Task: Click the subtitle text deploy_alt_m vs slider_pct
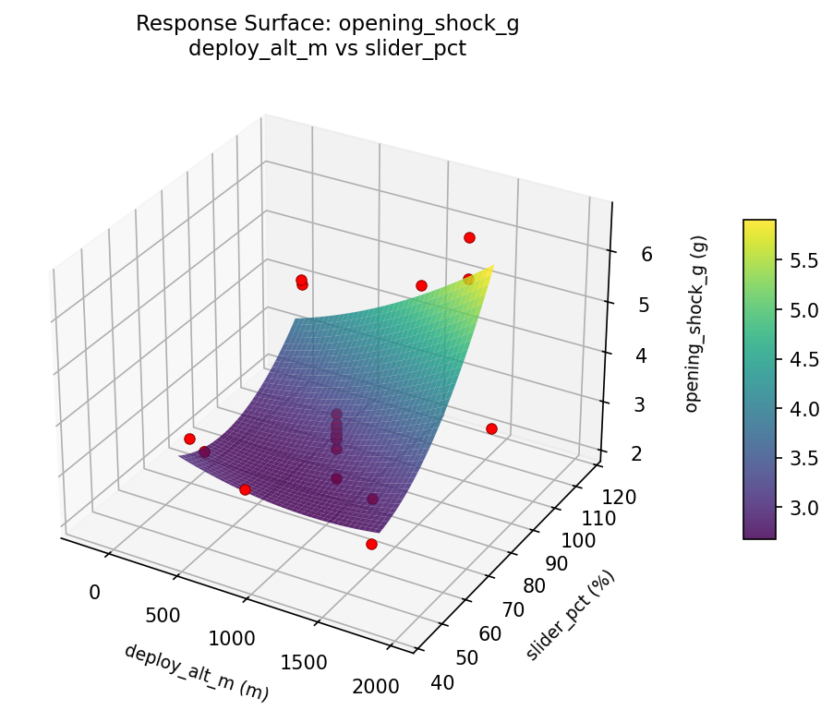[327, 49]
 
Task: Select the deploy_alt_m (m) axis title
[196, 671]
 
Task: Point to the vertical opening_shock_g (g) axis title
[697, 322]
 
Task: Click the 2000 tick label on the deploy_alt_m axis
[375, 685]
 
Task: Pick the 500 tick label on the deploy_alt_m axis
[163, 616]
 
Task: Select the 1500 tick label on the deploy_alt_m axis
[303, 662]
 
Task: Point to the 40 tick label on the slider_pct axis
[442, 682]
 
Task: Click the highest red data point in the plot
[469, 237]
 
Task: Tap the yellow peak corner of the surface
[491, 268]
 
